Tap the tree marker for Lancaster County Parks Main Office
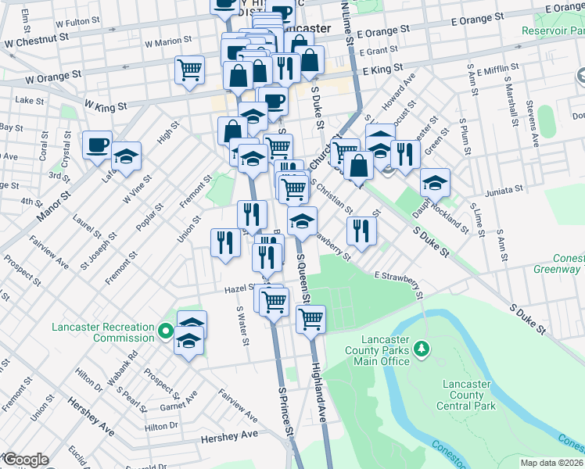pyautogui.click(x=422, y=348)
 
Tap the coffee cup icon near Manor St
pyautogui.click(x=98, y=145)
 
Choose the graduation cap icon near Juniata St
pyautogui.click(x=435, y=184)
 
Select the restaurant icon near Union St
pyautogui.click(x=224, y=242)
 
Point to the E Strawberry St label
pyautogui.click(x=398, y=285)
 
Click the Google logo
pyautogui.click(x=25, y=460)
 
